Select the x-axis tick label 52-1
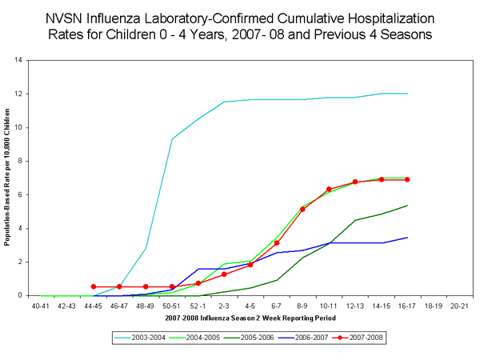click(x=198, y=306)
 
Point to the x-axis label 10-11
click(x=329, y=306)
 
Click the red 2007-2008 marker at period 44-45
click(x=94, y=286)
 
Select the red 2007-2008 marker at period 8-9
click(x=302, y=209)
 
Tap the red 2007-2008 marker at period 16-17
click(x=407, y=179)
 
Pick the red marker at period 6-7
click(x=277, y=243)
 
